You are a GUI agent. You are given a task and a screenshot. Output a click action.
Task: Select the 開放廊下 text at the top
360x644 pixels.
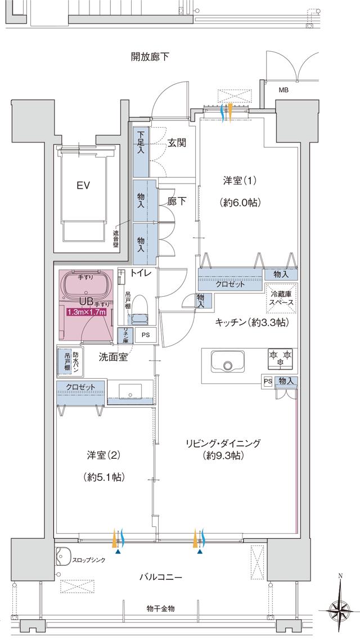point(150,56)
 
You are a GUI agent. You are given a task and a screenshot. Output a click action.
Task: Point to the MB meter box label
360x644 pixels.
point(285,90)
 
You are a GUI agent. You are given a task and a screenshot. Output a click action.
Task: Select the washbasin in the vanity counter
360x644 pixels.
point(130,392)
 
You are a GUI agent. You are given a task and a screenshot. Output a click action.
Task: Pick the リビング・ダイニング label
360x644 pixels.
point(223,443)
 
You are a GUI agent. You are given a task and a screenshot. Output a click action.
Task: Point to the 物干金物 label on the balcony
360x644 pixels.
point(160,609)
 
